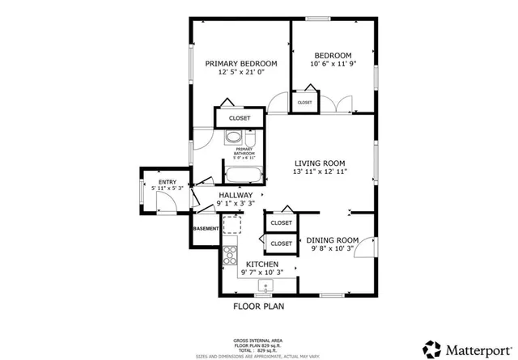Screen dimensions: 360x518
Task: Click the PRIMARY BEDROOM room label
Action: pyautogui.click(x=240, y=63)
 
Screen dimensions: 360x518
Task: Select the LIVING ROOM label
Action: pyautogui.click(x=320, y=163)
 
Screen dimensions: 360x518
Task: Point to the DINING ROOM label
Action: pyautogui.click(x=331, y=240)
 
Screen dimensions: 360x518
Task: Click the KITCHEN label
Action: pyautogui.click(x=262, y=265)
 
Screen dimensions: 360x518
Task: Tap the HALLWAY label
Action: pyautogui.click(x=236, y=196)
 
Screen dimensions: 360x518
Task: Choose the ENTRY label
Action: pyautogui.click(x=167, y=182)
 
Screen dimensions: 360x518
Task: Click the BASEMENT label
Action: pyautogui.click(x=206, y=229)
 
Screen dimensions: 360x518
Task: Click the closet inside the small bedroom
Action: pyautogui.click(x=304, y=103)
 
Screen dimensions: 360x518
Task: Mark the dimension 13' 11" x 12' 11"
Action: pyautogui.click(x=320, y=172)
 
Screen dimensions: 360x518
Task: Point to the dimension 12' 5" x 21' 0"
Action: pyautogui.click(x=240, y=73)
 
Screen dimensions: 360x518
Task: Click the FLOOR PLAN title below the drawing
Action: pyautogui.click(x=258, y=307)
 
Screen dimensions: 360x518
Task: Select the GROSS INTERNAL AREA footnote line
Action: pyautogui.click(x=258, y=340)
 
